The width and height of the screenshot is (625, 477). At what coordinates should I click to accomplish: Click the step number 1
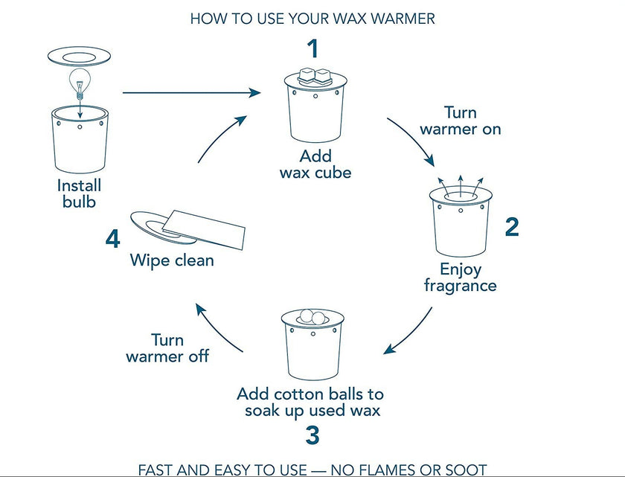(x=312, y=49)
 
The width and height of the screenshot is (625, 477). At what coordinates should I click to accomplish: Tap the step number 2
(x=511, y=226)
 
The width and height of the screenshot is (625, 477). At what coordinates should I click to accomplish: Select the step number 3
(x=312, y=435)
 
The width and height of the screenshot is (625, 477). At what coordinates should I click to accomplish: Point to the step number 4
(x=112, y=240)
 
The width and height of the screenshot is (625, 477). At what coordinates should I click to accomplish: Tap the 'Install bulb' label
(x=78, y=193)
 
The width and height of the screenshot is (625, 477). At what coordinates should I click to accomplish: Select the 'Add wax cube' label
(x=315, y=164)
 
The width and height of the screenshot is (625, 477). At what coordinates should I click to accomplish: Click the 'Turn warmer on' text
(x=460, y=121)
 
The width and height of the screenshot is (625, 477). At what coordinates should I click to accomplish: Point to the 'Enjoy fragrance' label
(x=460, y=277)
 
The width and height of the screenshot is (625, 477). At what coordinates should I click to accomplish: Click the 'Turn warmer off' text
(x=167, y=348)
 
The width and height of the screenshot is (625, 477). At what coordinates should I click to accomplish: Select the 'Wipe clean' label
(x=172, y=260)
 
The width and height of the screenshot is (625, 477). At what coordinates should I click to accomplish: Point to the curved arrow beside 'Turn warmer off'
(x=216, y=327)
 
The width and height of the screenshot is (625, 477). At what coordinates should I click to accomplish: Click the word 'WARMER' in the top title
(x=399, y=19)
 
